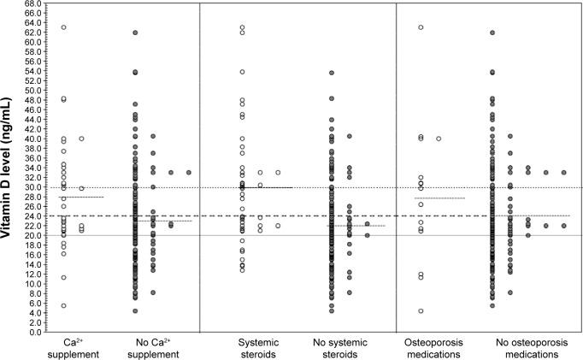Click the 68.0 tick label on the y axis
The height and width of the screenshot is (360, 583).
click(x=34, y=3)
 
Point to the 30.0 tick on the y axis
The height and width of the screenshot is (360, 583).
click(x=34, y=187)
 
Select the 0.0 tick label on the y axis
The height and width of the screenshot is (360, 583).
click(x=37, y=332)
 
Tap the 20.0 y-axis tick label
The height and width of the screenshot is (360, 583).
click(x=34, y=235)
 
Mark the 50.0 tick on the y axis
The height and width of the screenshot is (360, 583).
click(x=34, y=91)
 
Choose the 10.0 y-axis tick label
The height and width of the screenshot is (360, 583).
click(x=34, y=284)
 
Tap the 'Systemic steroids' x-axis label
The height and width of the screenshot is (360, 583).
click(x=256, y=347)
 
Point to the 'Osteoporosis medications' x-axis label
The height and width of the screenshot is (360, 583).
click(x=433, y=347)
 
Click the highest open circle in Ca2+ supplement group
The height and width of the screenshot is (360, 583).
click(x=63, y=27)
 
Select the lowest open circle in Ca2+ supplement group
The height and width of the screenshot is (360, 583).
click(x=63, y=305)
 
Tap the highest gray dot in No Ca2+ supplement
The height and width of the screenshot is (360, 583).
click(x=135, y=32)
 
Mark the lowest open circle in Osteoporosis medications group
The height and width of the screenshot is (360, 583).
click(x=421, y=311)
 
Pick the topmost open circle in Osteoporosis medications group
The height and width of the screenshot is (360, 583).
click(x=421, y=27)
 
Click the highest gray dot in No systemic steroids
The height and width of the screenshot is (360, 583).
click(x=332, y=73)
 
